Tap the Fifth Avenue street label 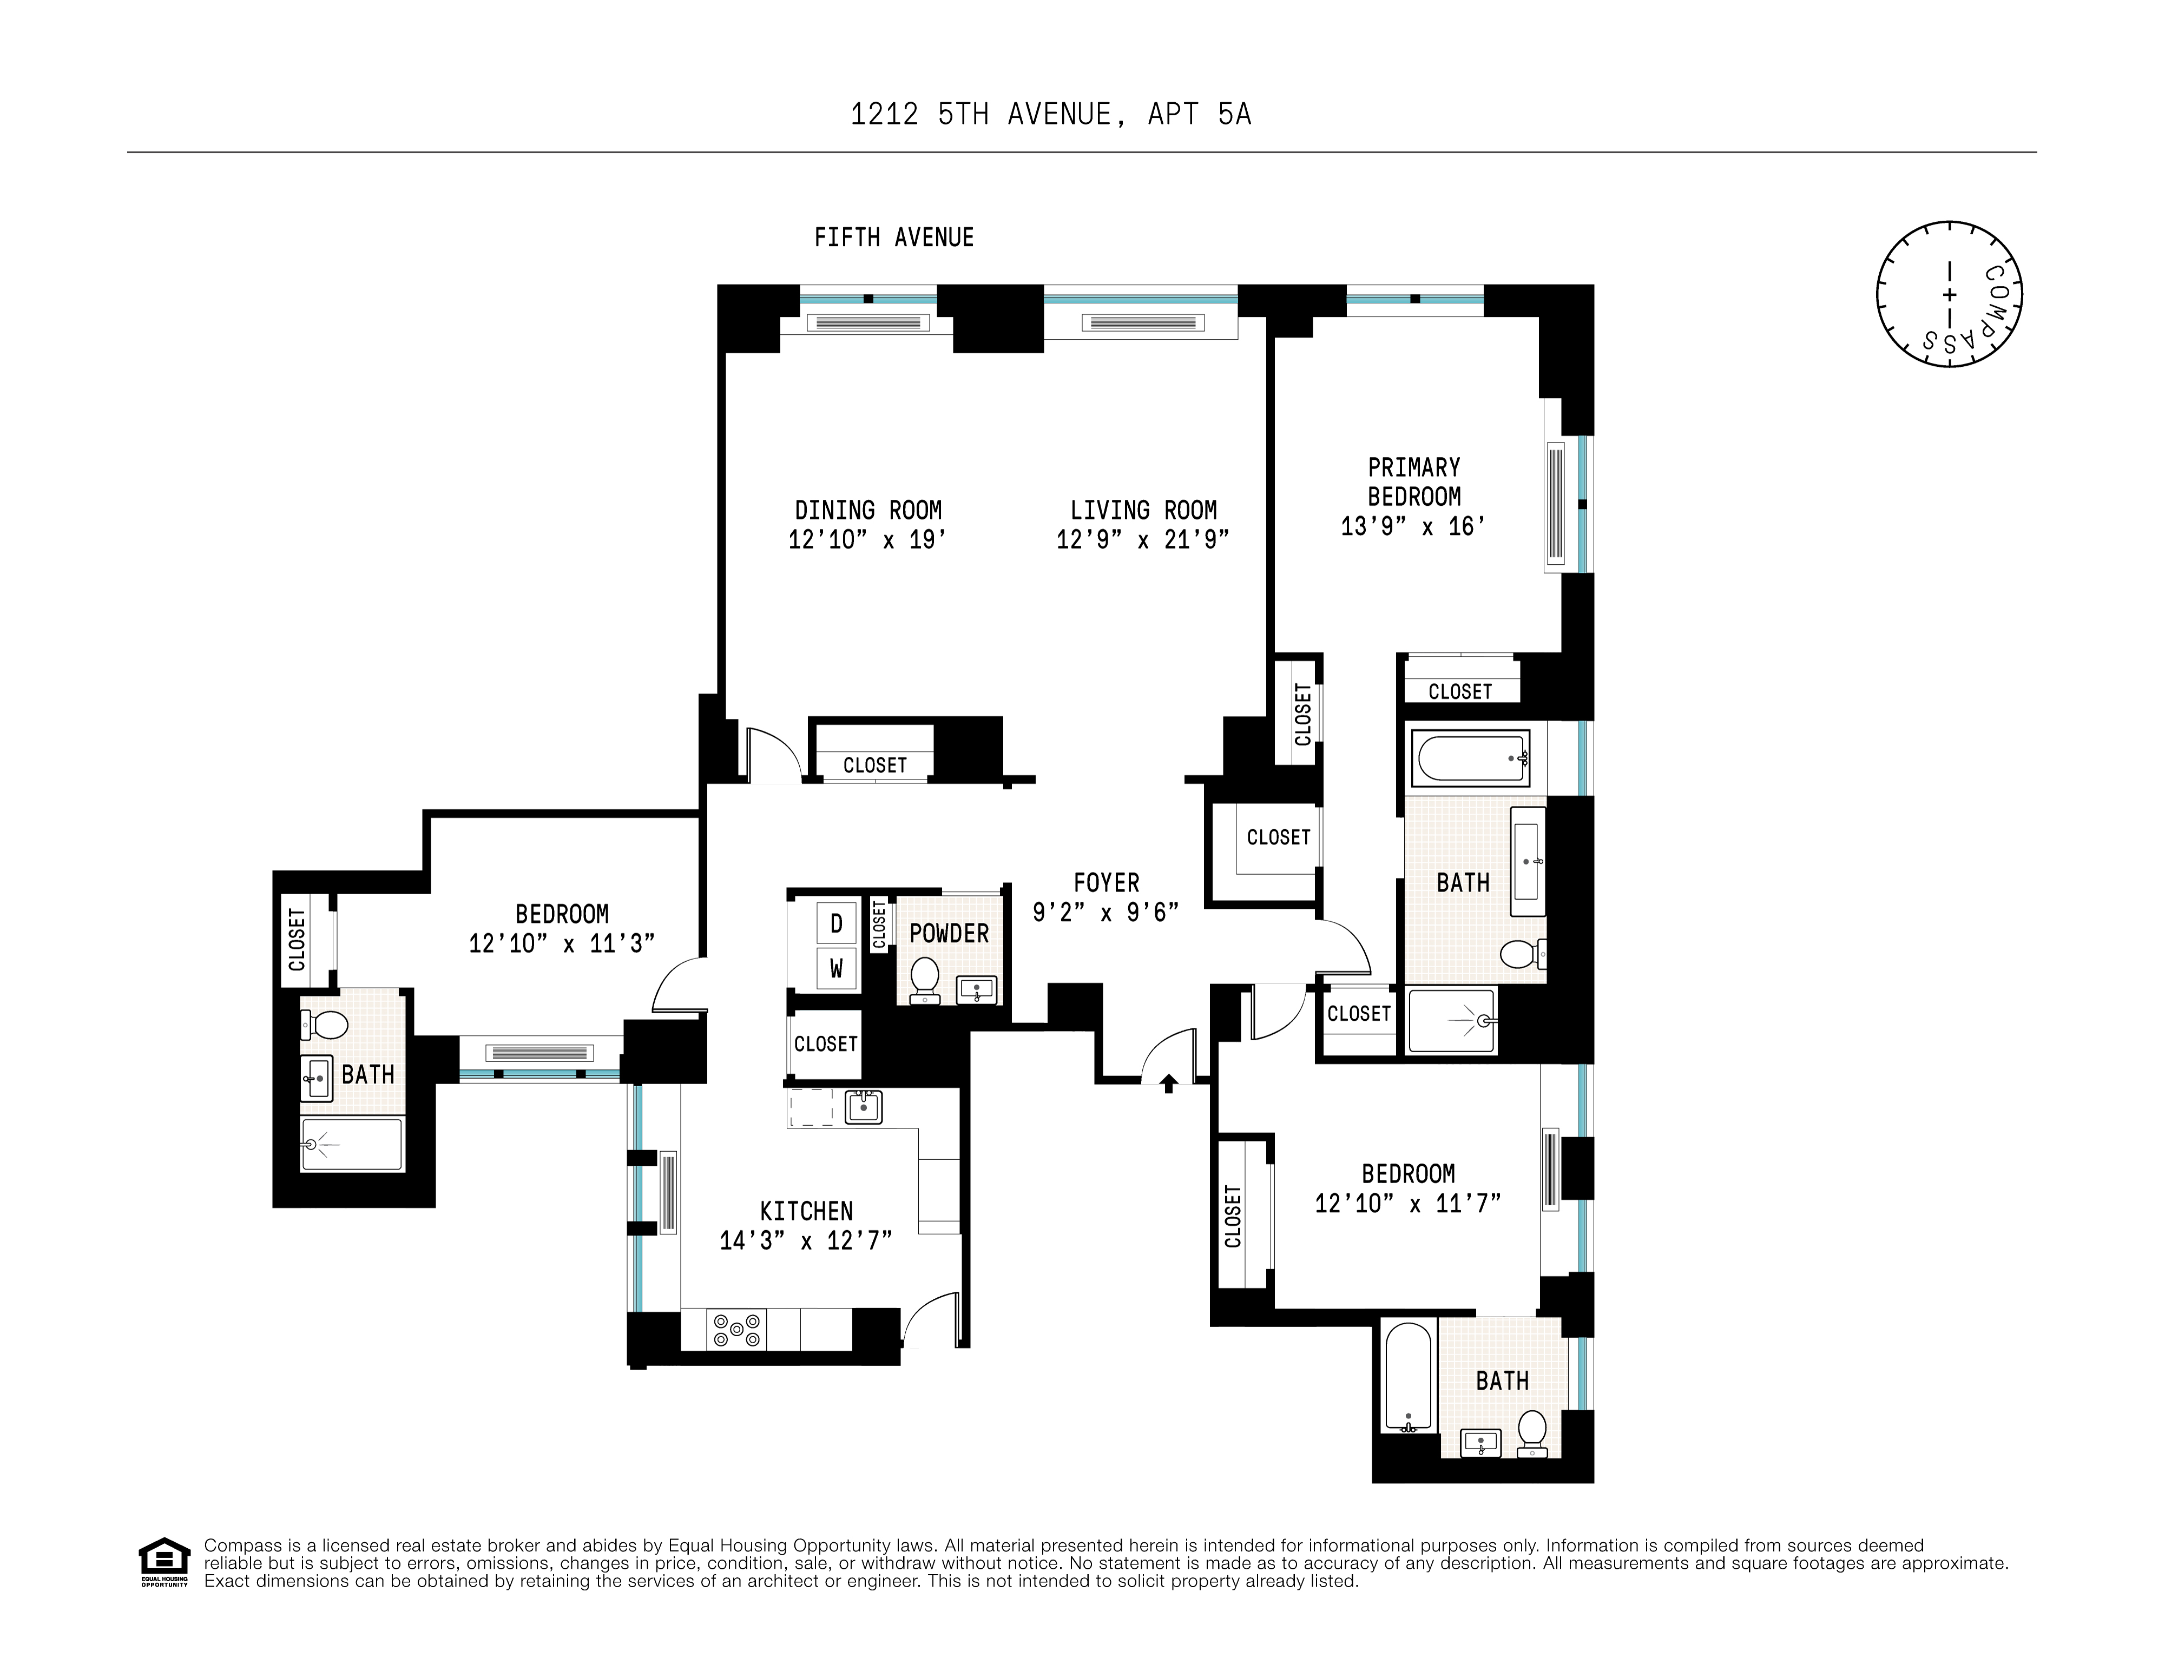click(x=893, y=238)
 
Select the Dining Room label click(x=867, y=511)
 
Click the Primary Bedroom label click(x=1413, y=481)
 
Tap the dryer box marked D click(x=835, y=924)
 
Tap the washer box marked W click(x=835, y=968)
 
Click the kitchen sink click(x=863, y=1106)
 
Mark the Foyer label click(x=1105, y=882)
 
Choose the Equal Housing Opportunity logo click(x=163, y=1562)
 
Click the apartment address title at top click(x=1051, y=115)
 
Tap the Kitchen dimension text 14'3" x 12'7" click(x=805, y=1241)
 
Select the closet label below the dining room click(x=874, y=765)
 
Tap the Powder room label click(x=949, y=934)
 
